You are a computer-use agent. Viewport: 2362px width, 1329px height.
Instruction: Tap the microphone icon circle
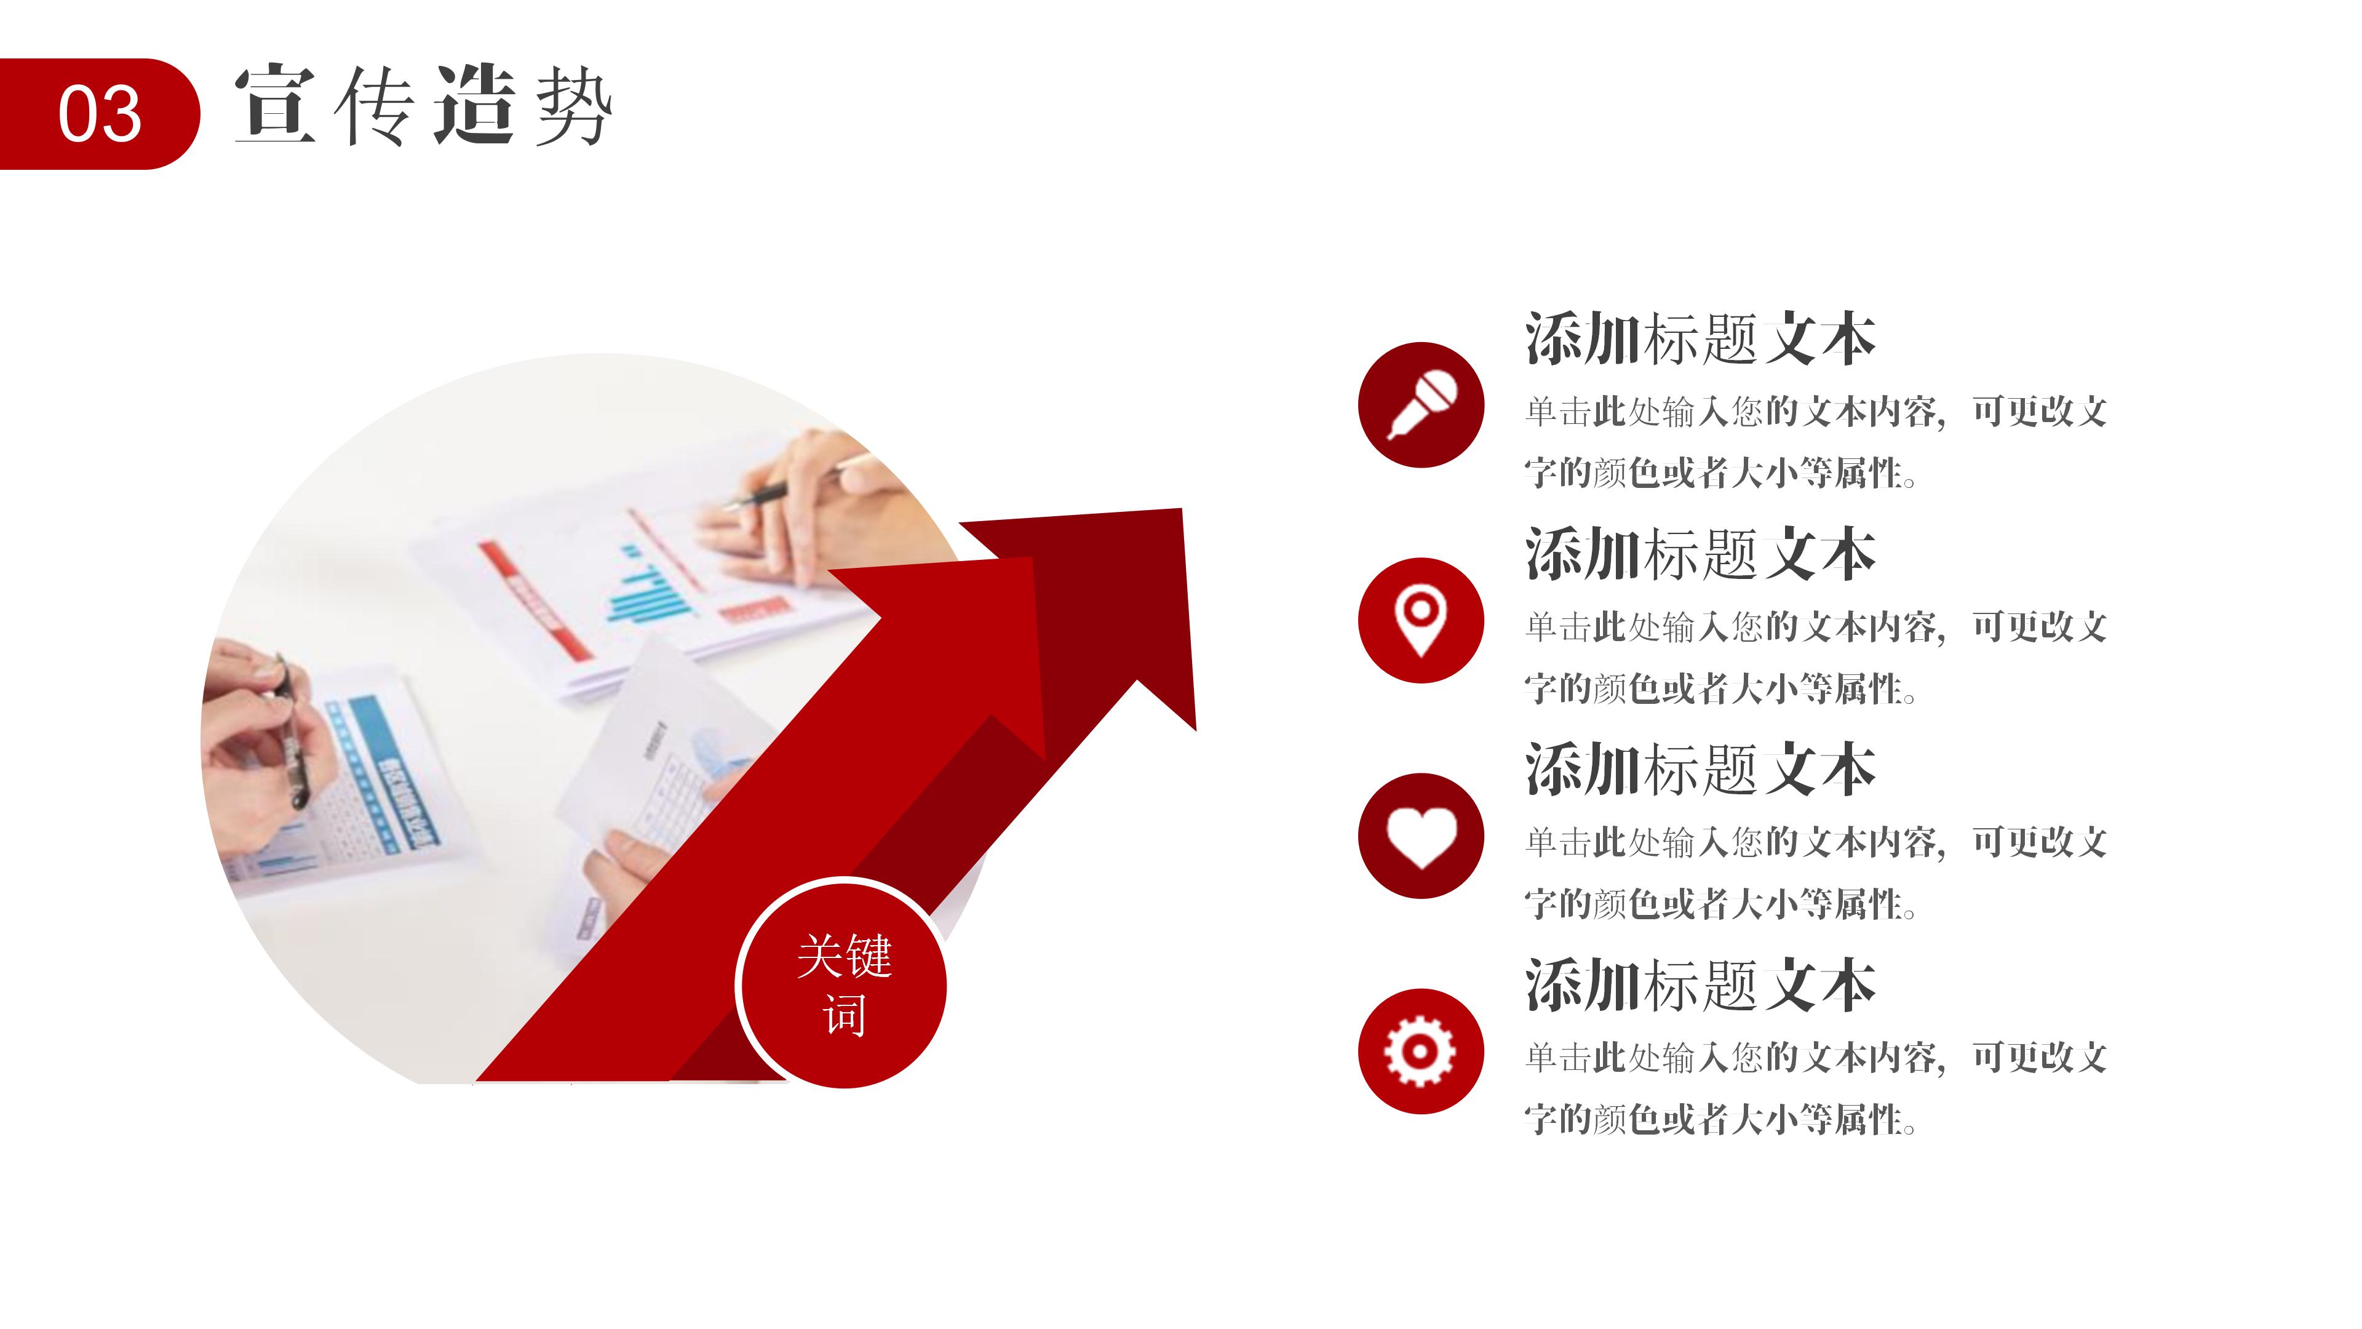click(1420, 404)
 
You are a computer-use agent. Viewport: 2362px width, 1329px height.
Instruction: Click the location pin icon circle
click(1420, 620)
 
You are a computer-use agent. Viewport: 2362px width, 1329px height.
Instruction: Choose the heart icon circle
click(1420, 836)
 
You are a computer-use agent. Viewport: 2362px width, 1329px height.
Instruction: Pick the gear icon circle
click(1420, 1051)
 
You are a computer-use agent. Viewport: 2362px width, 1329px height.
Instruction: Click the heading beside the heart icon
click(1701, 770)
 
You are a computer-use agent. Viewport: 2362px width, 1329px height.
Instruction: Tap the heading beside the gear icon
click(1701, 985)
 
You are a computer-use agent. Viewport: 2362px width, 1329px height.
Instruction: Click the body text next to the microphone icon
click(1816, 442)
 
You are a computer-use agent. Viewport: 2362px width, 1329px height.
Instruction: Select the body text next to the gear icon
click(1816, 1088)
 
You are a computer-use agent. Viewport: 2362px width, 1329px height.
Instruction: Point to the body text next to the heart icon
click(1816, 873)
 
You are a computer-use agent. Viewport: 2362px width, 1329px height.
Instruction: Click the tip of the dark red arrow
click(1181, 509)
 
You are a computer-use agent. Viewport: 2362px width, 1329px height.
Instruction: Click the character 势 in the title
click(574, 106)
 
